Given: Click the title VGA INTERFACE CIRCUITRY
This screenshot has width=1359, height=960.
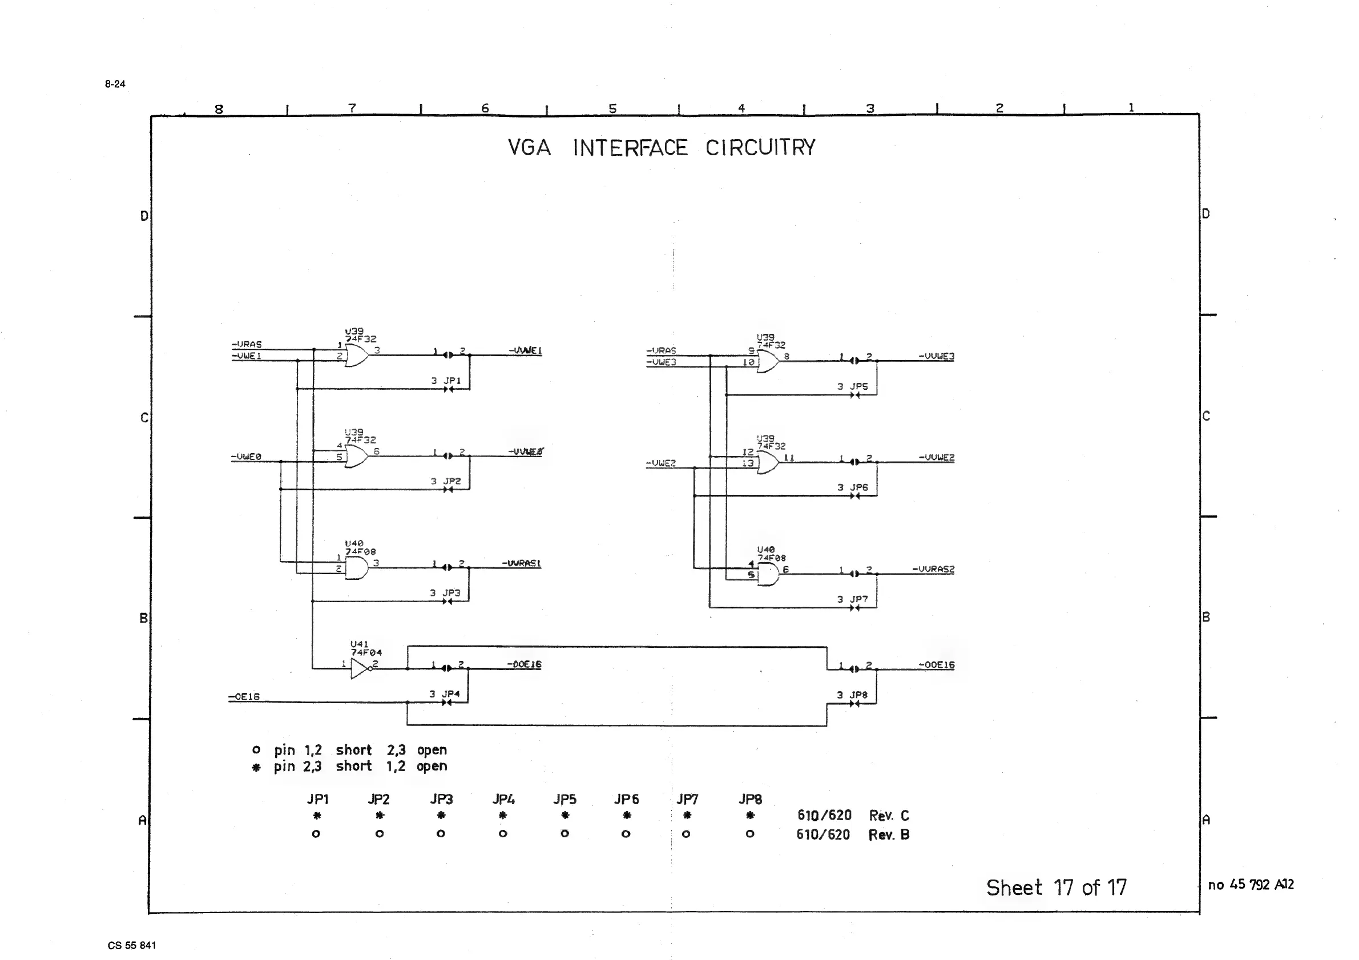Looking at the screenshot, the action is [x=661, y=148].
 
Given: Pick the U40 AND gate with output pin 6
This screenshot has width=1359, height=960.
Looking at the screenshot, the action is [x=768, y=574].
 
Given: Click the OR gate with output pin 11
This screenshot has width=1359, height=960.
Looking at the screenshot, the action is [x=768, y=462].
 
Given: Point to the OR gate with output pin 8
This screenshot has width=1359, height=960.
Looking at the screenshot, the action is [x=768, y=361].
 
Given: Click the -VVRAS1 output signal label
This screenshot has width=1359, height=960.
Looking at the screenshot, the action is [x=522, y=563].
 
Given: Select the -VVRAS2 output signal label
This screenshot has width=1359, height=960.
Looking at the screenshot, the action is [x=933, y=570].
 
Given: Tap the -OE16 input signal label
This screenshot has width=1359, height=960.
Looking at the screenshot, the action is [x=244, y=697].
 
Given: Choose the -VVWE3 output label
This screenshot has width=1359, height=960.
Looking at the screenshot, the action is [x=936, y=356].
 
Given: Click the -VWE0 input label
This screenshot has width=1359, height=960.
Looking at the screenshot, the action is [x=246, y=457].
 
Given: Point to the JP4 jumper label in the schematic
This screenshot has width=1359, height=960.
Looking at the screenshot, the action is [x=450, y=693].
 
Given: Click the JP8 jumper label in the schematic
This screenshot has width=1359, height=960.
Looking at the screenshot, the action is [x=858, y=695].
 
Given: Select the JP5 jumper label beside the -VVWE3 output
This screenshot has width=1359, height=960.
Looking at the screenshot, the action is [x=858, y=386].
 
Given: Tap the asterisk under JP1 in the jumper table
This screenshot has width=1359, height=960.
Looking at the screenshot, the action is [x=317, y=816].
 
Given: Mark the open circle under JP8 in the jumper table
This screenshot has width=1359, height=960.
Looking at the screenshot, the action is [x=749, y=834].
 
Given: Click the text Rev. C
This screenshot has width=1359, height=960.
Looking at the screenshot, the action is [x=889, y=816].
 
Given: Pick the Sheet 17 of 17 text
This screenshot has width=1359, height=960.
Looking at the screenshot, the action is [x=1056, y=888].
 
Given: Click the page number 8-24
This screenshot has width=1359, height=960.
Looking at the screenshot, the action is [x=115, y=84].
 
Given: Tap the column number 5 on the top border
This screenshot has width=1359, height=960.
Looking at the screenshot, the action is [x=612, y=108].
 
